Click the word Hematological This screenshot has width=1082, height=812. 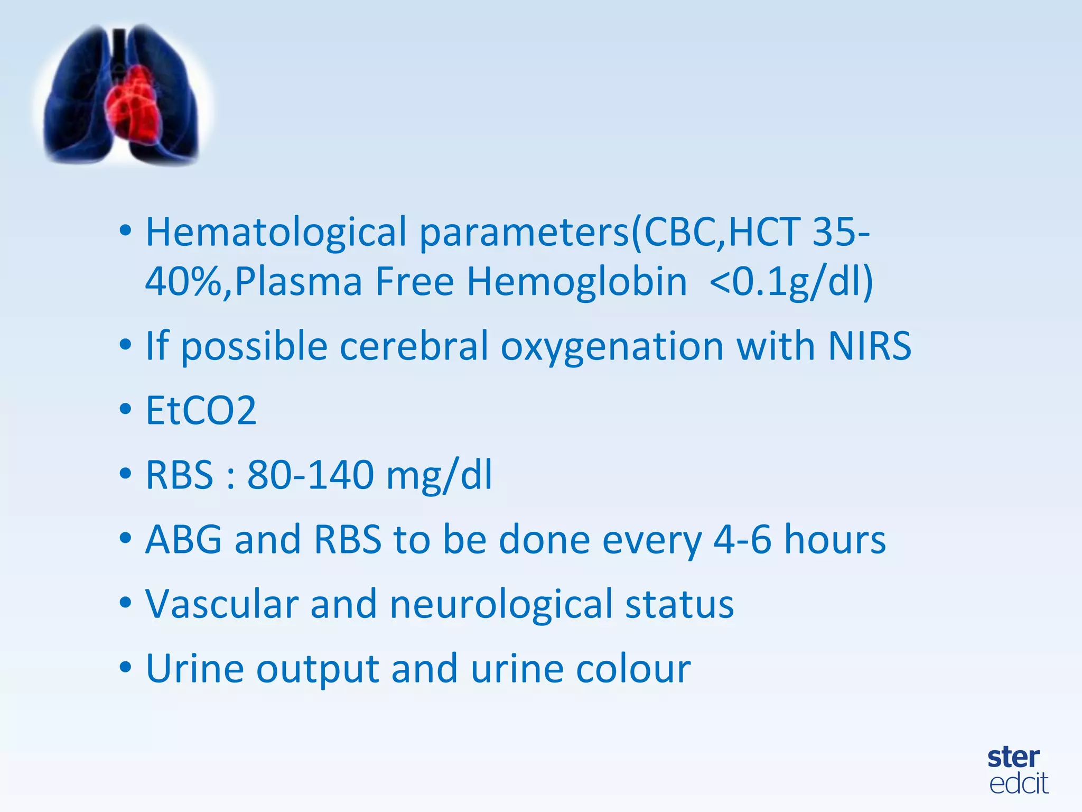tap(276, 233)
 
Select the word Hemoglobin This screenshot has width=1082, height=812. tap(576, 281)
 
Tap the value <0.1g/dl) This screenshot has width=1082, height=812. tap(791, 281)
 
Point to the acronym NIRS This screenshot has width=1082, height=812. tap(870, 346)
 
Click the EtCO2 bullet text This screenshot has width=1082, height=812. tap(201, 411)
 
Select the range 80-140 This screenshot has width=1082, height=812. tap(311, 475)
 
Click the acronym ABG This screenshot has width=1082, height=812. tap(184, 540)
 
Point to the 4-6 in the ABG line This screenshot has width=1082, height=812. tap(742, 540)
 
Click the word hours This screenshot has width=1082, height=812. tap(835, 540)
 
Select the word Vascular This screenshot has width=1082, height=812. tap(222, 604)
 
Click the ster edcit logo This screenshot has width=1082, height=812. tap(1018, 770)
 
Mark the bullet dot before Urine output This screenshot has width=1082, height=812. tap(125, 668)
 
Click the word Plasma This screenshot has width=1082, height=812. tap(299, 281)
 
